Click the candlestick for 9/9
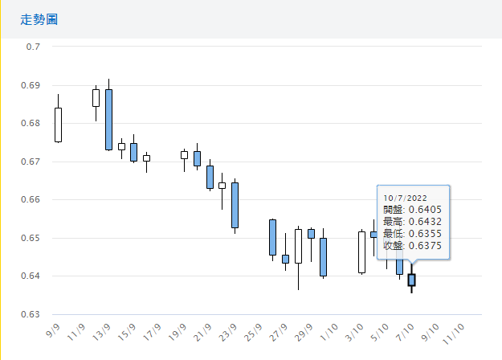[58, 125]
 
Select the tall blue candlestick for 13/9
[108, 119]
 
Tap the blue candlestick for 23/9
[235, 205]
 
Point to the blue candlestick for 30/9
[323, 256]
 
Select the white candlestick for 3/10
[361, 252]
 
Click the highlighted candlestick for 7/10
[412, 280]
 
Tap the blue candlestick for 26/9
[272, 237]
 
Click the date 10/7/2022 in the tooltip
[405, 197]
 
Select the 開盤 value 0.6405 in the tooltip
[426, 210]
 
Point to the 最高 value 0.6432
[426, 222]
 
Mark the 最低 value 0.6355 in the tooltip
[426, 234]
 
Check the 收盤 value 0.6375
[426, 246]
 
